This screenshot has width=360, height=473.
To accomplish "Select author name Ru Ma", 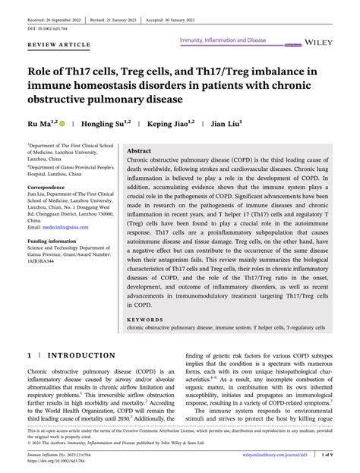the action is tap(39, 123).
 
